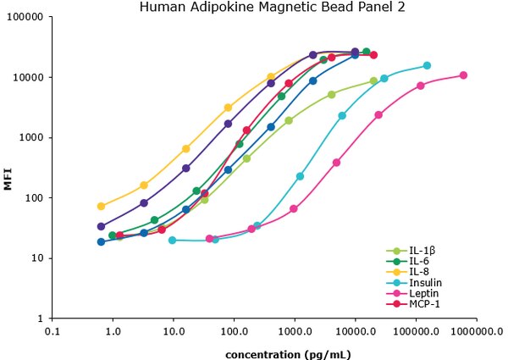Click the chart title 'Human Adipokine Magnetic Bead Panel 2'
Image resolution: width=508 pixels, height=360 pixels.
255,8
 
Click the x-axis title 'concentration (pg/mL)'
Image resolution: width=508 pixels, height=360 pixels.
288,352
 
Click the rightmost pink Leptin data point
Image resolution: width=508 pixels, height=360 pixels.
463,75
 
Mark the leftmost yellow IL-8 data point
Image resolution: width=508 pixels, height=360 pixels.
102,206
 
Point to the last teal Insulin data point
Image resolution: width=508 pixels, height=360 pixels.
427,65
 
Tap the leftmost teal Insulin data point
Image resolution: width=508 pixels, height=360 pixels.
173,240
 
